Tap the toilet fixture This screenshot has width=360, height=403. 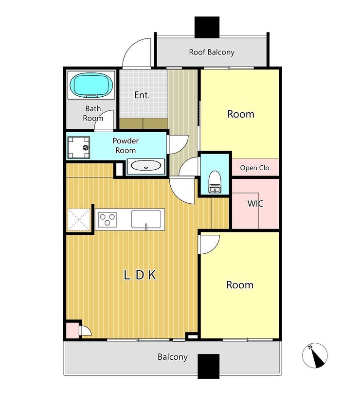click(215, 182)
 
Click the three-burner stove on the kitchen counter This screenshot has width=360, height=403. click(108, 220)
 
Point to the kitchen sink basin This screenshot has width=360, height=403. click(146, 219)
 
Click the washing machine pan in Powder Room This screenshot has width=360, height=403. click(79, 147)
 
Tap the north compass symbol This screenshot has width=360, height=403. click(315, 355)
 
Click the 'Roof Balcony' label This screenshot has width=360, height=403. click(212, 52)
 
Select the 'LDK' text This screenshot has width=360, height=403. click(140, 275)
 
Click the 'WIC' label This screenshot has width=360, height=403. click(255, 204)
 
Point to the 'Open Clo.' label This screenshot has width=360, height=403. click(255, 168)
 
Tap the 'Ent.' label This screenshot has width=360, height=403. click(142, 95)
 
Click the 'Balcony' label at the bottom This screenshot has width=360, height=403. click(173, 357)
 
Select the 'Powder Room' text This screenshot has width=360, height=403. click(126, 145)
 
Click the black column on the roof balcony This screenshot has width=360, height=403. click(207, 27)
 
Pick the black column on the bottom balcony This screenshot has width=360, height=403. click(209, 366)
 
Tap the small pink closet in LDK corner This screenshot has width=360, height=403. click(72, 331)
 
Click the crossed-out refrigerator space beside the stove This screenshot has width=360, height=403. click(79, 220)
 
